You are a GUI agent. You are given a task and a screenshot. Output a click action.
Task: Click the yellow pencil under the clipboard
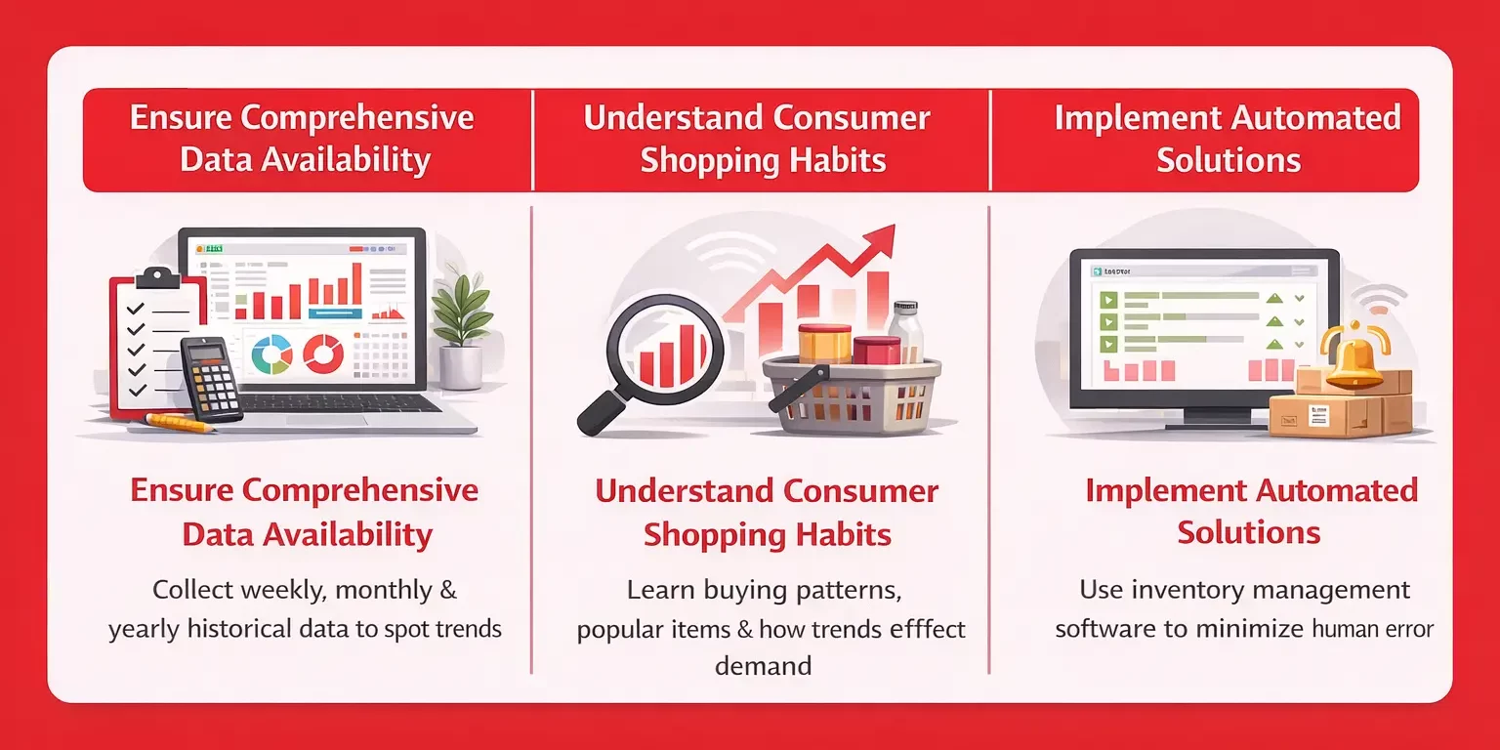click(181, 423)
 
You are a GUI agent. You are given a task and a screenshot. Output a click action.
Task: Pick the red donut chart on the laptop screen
click(321, 353)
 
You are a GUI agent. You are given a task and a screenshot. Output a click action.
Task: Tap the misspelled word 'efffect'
click(914, 628)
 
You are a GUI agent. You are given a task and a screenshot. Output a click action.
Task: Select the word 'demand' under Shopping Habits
click(763, 666)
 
